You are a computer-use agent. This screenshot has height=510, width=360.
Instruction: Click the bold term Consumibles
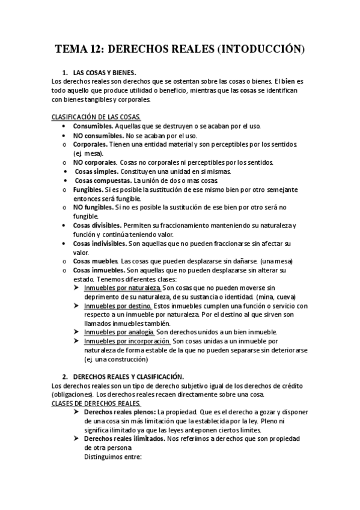[93, 127]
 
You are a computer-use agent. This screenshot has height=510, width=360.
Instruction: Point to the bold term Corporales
[90, 145]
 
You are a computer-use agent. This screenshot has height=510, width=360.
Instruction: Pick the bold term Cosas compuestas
[103, 180]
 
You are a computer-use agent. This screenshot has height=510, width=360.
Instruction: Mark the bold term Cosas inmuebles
[99, 270]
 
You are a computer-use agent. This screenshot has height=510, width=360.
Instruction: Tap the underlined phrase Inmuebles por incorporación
[126, 342]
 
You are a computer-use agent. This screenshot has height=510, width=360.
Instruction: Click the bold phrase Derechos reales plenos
[120, 412]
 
